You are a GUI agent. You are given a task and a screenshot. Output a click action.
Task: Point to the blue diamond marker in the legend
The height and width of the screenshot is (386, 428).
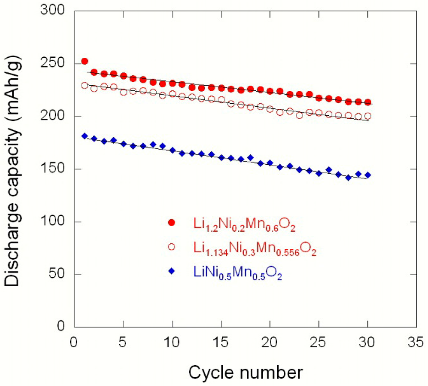coord(171,271)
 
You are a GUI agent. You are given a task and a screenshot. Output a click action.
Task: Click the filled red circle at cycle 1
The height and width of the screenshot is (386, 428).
coord(84,61)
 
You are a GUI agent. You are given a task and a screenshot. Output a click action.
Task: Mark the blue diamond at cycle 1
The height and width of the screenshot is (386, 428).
coord(84,136)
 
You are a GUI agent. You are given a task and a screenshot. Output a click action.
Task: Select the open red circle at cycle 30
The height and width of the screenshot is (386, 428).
coord(368,116)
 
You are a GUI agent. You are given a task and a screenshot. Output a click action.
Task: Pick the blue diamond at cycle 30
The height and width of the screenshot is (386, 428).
coord(368,175)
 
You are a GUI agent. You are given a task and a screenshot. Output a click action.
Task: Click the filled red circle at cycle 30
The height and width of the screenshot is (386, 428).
coord(368,102)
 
